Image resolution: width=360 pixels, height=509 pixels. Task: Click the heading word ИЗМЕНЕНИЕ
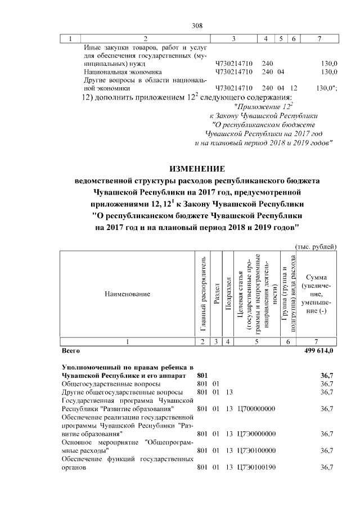197,169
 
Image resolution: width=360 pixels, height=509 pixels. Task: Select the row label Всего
70,351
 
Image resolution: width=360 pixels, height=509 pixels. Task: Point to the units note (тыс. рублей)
316,246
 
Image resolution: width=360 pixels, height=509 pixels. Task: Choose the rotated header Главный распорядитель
202,294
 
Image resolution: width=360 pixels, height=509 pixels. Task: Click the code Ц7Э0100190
257,467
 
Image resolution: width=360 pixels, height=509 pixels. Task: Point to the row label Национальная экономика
123,72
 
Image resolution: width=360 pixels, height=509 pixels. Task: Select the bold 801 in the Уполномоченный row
202,375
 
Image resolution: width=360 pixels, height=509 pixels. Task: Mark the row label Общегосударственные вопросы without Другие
101,384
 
